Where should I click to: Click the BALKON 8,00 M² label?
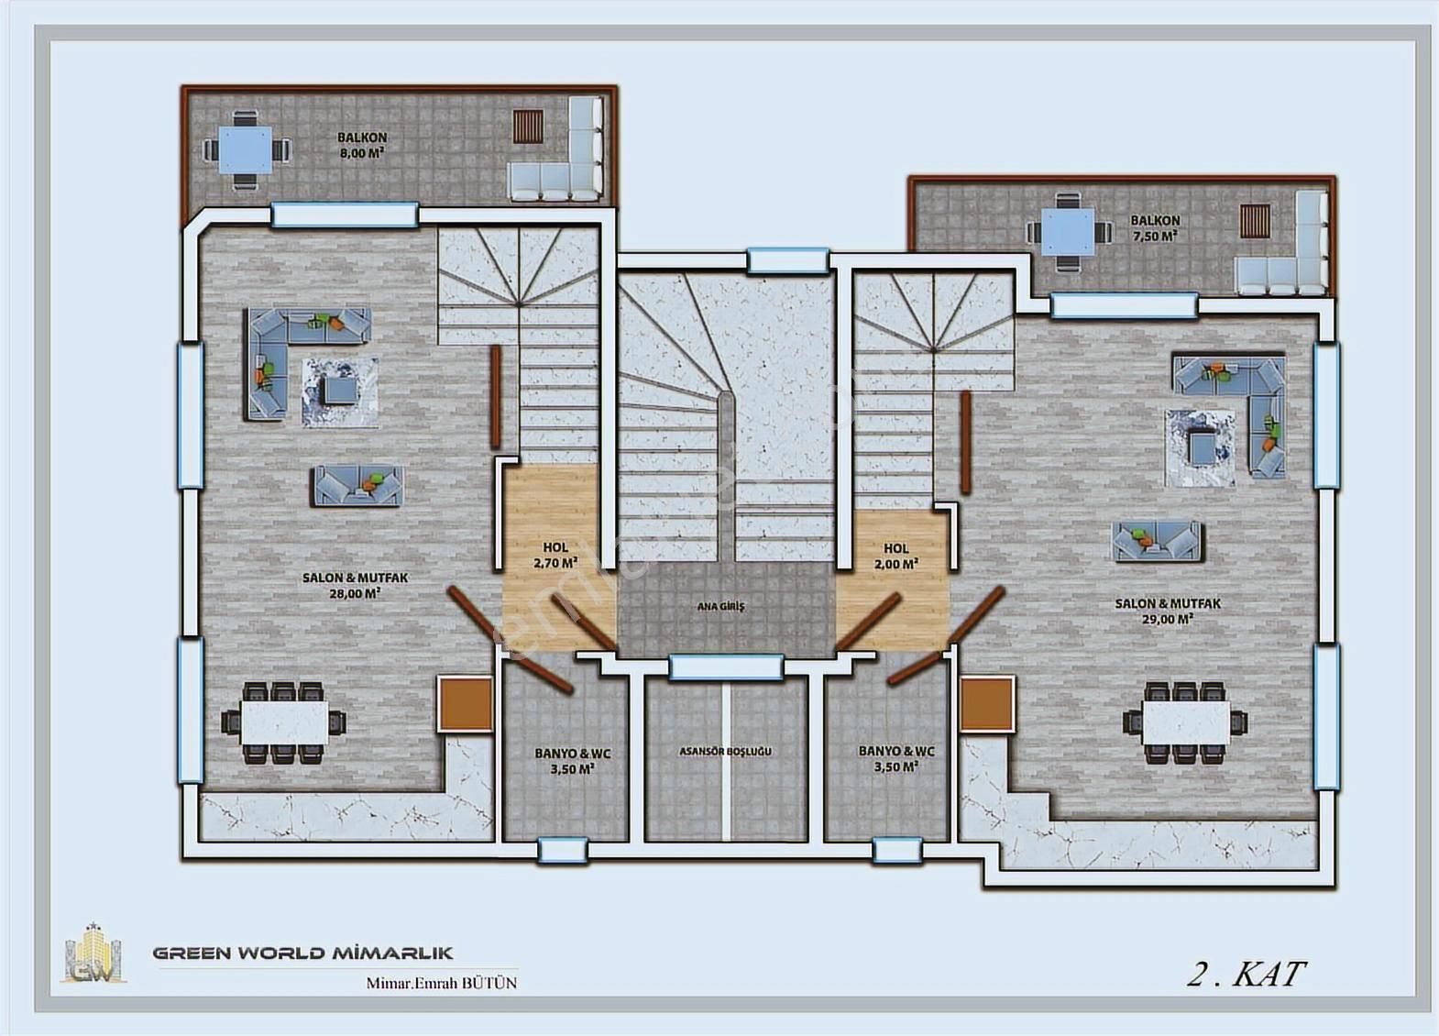coord(362,145)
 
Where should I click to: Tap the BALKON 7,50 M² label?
coord(1155,228)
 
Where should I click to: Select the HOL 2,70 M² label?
coord(555,556)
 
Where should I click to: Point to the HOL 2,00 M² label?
coord(896,556)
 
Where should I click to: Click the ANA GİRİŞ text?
coord(720,606)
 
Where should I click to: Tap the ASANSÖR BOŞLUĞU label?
coord(725,751)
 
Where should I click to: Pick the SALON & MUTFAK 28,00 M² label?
coord(356,586)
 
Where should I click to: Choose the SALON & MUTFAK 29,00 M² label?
coord(1168,612)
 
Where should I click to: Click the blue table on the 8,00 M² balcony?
coord(246,150)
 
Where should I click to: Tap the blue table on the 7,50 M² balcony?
coord(1068,232)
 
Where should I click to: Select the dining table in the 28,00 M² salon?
coord(284,722)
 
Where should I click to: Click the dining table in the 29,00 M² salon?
coord(1186,723)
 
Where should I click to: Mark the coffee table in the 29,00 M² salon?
coord(1200,446)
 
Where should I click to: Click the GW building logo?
coord(93,953)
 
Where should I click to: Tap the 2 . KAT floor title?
coord(1246,975)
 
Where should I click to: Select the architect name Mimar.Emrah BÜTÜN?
coord(442,983)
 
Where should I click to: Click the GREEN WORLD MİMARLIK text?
coord(302,953)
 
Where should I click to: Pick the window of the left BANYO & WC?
coord(563,851)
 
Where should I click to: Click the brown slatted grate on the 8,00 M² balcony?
coord(528,127)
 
